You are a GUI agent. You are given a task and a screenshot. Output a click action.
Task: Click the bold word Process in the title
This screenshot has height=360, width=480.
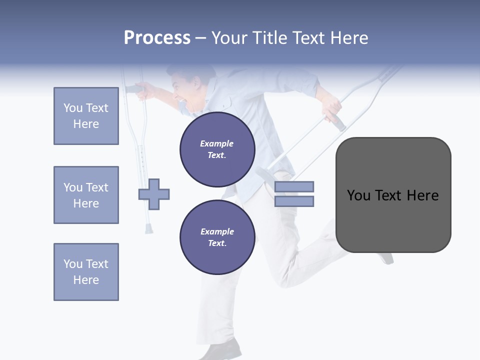pyautogui.click(x=157, y=38)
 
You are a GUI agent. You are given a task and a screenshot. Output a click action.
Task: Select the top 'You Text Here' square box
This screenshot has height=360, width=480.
pyautogui.click(x=86, y=116)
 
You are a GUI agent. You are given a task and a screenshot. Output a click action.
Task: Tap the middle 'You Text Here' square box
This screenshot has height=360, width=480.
pyautogui.click(x=86, y=195)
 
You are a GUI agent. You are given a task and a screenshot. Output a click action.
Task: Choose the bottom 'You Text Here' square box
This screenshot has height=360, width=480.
pyautogui.click(x=86, y=272)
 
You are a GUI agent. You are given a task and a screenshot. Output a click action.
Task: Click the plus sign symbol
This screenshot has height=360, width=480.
pyautogui.click(x=154, y=194)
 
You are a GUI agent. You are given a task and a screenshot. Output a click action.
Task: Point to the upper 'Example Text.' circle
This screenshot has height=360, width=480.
pyautogui.click(x=217, y=149)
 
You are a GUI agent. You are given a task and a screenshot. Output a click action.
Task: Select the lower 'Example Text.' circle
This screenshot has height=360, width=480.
pyautogui.click(x=217, y=237)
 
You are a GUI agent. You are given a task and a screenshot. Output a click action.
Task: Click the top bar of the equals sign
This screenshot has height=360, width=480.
pyautogui.click(x=294, y=187)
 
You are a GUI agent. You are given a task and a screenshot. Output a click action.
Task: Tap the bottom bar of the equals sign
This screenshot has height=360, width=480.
pyautogui.click(x=294, y=201)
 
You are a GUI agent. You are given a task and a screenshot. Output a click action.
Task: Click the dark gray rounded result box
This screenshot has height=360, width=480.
pyautogui.click(x=393, y=195)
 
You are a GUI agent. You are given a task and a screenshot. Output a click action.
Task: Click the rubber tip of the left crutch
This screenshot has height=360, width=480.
pyautogui.click(x=149, y=229)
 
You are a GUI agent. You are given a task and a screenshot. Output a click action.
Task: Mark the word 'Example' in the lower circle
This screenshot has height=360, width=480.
pyautogui.click(x=217, y=231)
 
